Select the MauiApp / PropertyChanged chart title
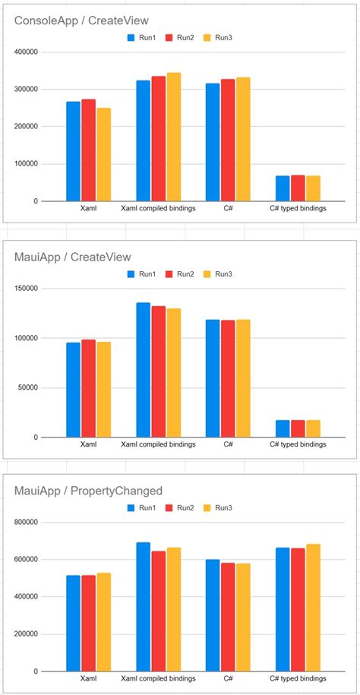point(88,491)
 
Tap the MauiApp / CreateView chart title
point(73,257)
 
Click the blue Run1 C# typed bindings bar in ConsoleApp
point(283,188)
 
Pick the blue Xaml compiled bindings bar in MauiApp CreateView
point(143,370)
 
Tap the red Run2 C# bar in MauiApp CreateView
point(228,378)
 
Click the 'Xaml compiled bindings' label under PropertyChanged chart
point(158,678)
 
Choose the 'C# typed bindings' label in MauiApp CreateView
point(298,444)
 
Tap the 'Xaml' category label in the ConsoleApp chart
point(88,207)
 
